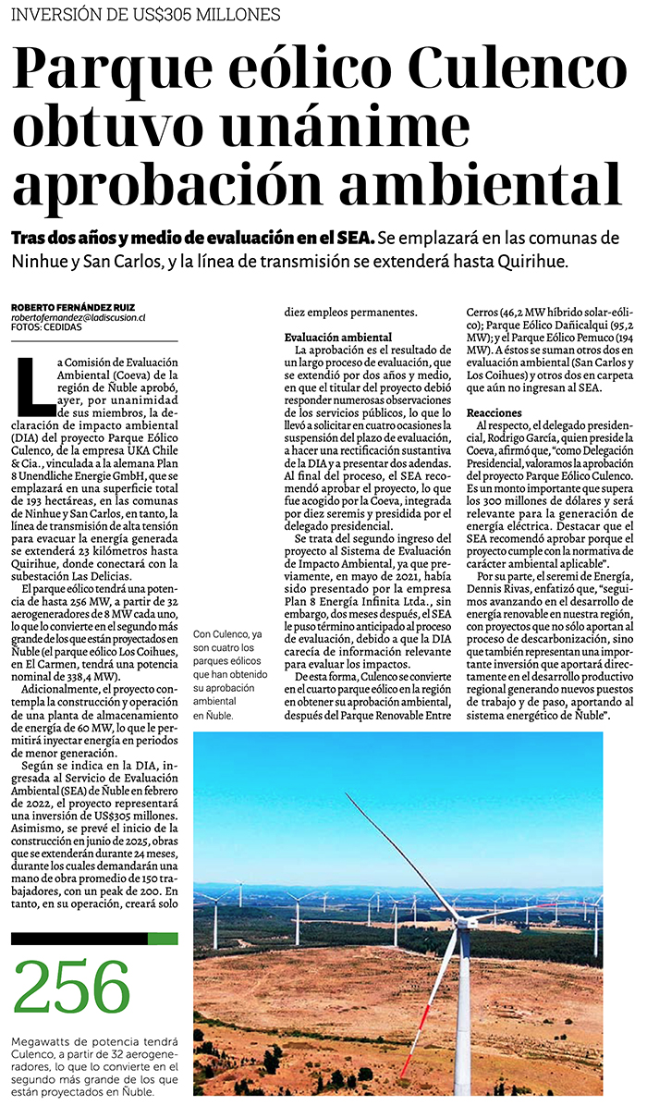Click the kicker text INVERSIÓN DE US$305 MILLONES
[146, 14]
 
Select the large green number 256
[73, 987]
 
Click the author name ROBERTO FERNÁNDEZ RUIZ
[74, 307]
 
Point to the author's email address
[79, 317]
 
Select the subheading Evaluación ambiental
[338, 338]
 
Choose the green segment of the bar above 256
[163, 939]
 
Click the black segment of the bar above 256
[79, 939]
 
